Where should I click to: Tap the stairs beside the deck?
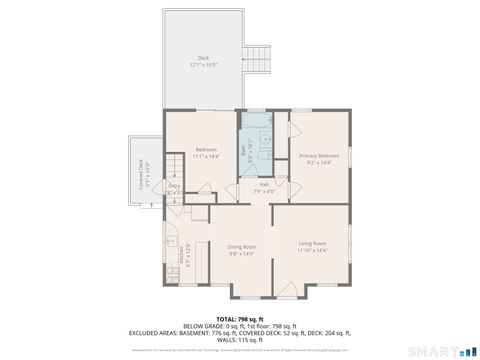tap(260, 58)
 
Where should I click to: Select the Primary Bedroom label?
tap(319, 156)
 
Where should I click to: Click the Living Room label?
tap(313, 243)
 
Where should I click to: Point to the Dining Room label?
tap(242, 246)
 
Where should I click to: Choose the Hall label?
tap(264, 184)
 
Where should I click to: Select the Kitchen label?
tap(181, 259)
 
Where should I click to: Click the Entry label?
tap(174, 185)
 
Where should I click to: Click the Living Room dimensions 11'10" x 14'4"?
tap(313, 250)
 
